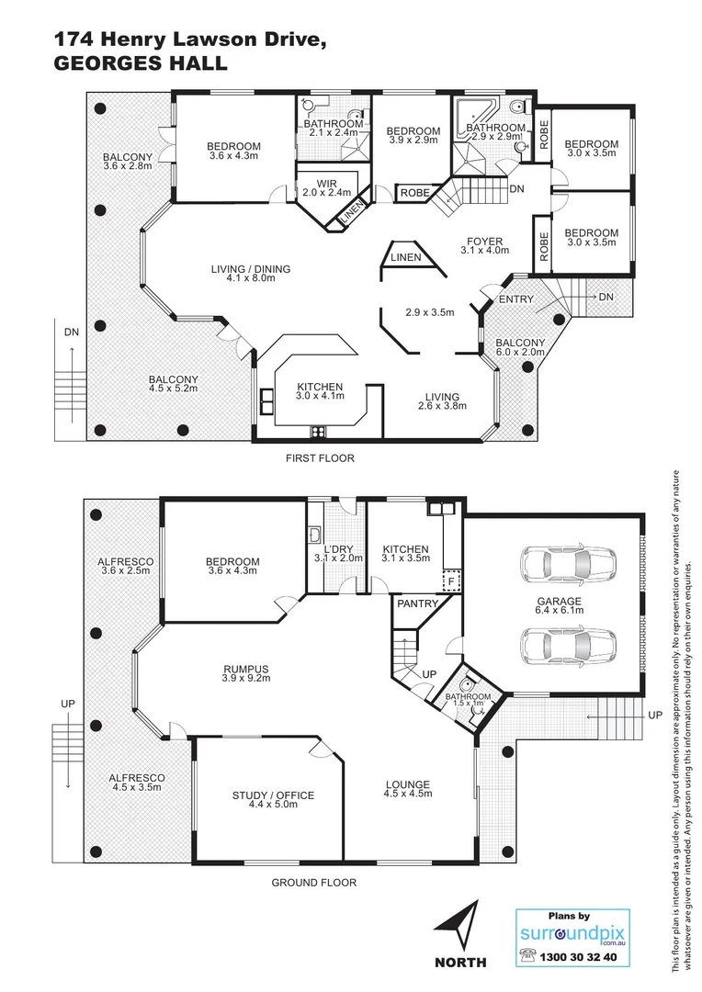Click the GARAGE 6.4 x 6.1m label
[559, 607]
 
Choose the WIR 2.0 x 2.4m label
[326, 187]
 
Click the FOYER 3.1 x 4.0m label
[484, 245]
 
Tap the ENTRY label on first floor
[515, 299]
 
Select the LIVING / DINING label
[250, 274]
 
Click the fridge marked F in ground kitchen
[450, 581]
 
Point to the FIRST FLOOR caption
[319, 457]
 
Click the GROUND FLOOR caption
[313, 883]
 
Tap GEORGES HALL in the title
[141, 63]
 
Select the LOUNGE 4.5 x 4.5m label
[407, 790]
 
